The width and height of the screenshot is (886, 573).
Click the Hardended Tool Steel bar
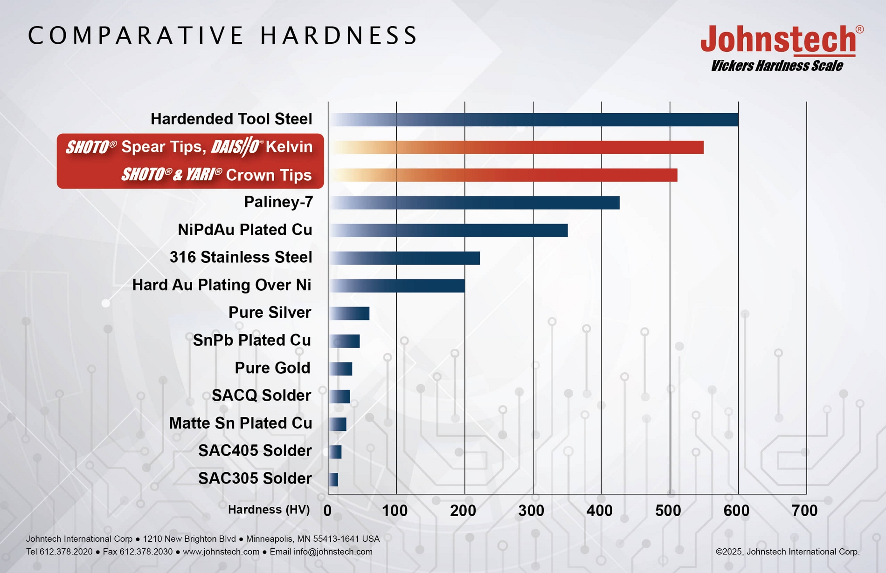pyautogui.click(x=534, y=120)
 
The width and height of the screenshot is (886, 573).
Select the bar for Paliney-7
pyautogui.click(x=475, y=203)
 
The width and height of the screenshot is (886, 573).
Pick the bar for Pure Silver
pyautogui.click(x=350, y=314)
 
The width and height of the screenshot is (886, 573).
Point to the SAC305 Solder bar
pyautogui.click(x=334, y=479)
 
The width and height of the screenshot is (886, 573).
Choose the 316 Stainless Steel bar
pyautogui.click(x=405, y=258)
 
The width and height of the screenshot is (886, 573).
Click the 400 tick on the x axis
pyautogui.click(x=600, y=511)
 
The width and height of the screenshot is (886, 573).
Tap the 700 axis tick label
pyautogui.click(x=804, y=511)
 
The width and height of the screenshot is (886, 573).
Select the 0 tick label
pyautogui.click(x=327, y=511)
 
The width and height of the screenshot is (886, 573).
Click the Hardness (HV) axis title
pyautogui.click(x=269, y=510)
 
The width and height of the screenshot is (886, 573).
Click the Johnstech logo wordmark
pyautogui.click(x=779, y=40)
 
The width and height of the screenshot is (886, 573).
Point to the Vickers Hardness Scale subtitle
pyautogui.click(x=776, y=66)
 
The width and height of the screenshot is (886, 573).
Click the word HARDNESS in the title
pyautogui.click(x=339, y=36)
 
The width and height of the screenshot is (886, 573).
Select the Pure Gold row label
pyautogui.click(x=272, y=368)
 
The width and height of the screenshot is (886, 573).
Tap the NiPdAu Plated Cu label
pyautogui.click(x=245, y=230)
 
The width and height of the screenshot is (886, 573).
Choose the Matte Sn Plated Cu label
pyautogui.click(x=240, y=423)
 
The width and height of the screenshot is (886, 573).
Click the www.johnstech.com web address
pyautogui.click(x=221, y=552)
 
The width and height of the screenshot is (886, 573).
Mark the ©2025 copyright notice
pyautogui.click(x=787, y=552)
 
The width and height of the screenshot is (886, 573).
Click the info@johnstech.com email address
pyautogui.click(x=333, y=552)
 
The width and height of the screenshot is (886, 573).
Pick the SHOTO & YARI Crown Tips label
pyautogui.click(x=216, y=175)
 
